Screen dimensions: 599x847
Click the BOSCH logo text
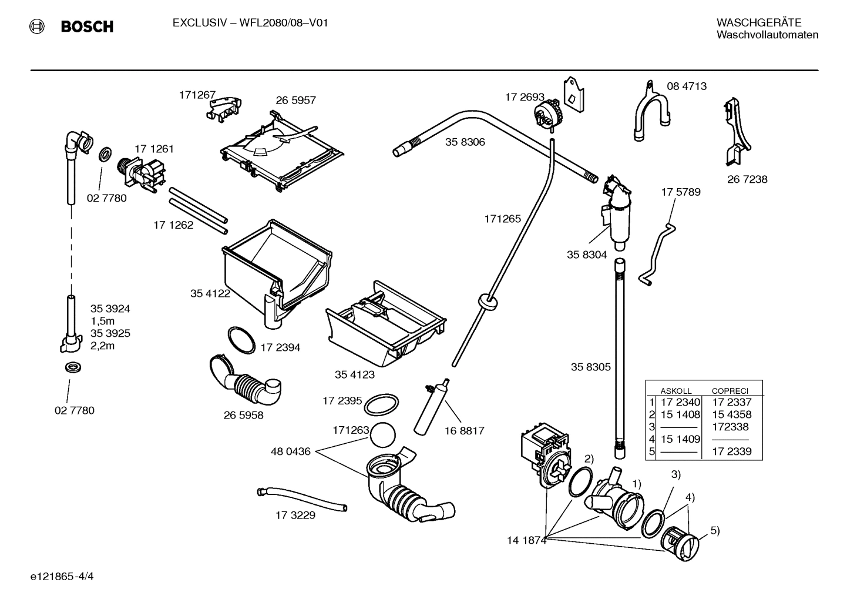click(86, 26)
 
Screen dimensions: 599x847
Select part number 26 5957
click(295, 100)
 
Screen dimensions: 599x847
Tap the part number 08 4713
click(686, 86)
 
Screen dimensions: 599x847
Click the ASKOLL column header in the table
click(675, 390)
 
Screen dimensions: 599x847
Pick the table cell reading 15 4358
click(731, 414)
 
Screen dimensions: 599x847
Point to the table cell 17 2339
click(731, 452)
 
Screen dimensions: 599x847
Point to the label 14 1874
click(526, 540)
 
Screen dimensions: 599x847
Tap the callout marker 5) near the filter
click(715, 530)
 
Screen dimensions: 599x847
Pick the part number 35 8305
click(590, 367)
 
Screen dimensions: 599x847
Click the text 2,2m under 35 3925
click(102, 346)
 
